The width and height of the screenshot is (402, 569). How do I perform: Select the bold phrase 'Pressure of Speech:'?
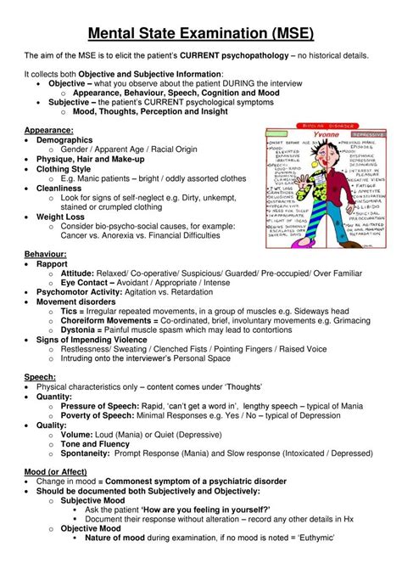point(103,407)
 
